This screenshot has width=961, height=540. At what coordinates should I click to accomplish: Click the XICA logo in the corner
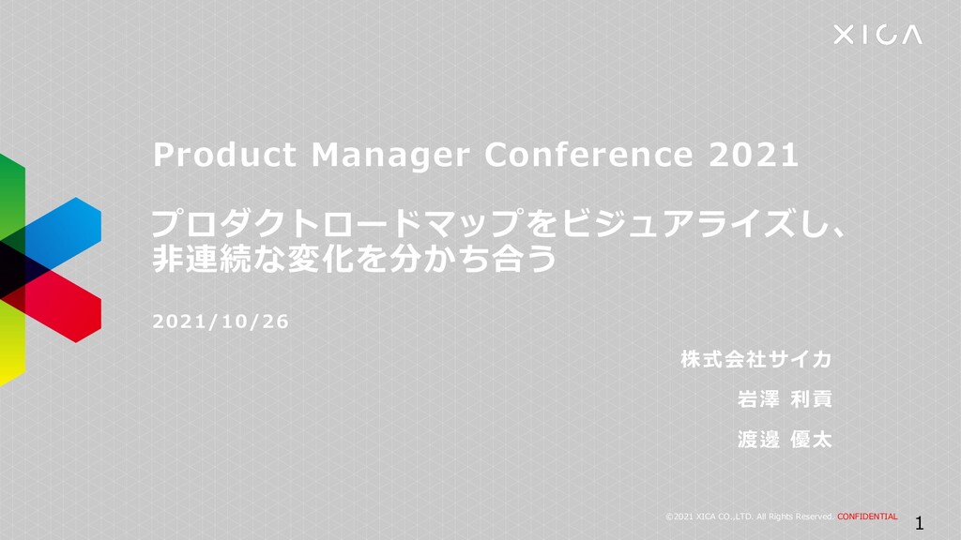pos(877,35)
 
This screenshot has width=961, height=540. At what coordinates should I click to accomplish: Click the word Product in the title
pos(224,155)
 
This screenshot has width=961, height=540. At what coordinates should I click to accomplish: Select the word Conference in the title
pos(588,155)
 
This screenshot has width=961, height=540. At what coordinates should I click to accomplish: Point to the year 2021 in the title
pos(754,155)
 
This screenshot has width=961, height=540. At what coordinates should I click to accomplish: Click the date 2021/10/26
pos(221,322)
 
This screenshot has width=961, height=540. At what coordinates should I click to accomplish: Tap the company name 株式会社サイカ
pos(755,359)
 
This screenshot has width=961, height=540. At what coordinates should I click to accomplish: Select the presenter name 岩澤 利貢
pos(785,399)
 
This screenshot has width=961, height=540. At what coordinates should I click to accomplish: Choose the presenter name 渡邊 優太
pos(785,439)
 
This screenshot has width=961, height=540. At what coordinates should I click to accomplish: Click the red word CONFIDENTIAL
pos(867,517)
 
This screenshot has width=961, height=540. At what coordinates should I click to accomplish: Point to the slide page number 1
pos(920,523)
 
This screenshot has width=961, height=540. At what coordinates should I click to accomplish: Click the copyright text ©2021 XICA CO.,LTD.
pos(709,517)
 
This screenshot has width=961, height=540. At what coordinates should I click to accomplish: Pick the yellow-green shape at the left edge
pos(11,344)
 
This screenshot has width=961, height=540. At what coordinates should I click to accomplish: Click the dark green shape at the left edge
pos(11,197)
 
